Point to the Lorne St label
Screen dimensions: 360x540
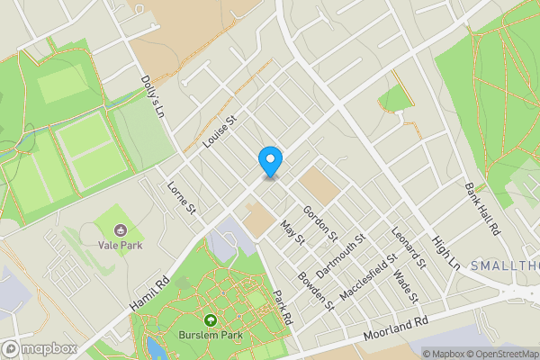[x=182, y=198]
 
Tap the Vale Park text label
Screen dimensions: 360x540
[x=119, y=244]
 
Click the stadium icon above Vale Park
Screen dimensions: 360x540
[x=119, y=224]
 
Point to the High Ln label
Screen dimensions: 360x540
[x=445, y=254]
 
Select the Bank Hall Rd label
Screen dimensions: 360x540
[x=482, y=209]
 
